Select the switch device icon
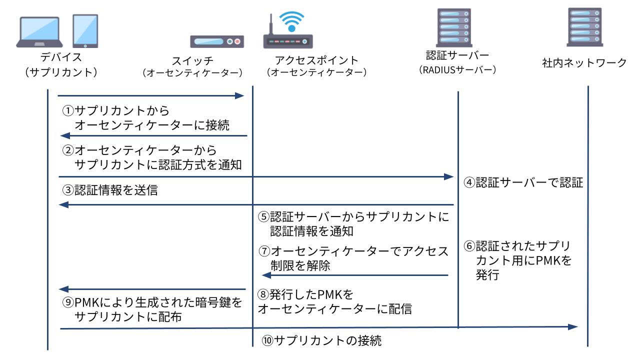[x=216, y=41]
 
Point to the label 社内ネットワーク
[x=584, y=62]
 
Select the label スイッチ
[x=192, y=61]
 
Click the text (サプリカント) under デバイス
[x=61, y=72]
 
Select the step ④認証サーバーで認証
[x=523, y=182]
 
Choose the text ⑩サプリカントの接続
[x=322, y=341]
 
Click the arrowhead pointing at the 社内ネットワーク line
[x=573, y=326]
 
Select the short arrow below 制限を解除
[x=355, y=275]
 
